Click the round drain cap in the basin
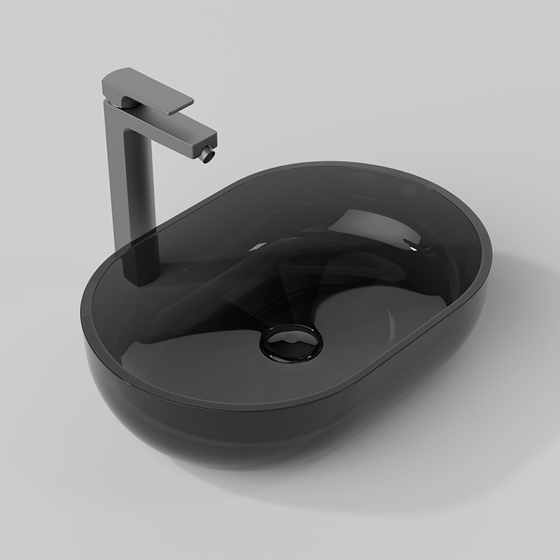[x=290, y=342]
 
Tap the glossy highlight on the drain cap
[x=283, y=337]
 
